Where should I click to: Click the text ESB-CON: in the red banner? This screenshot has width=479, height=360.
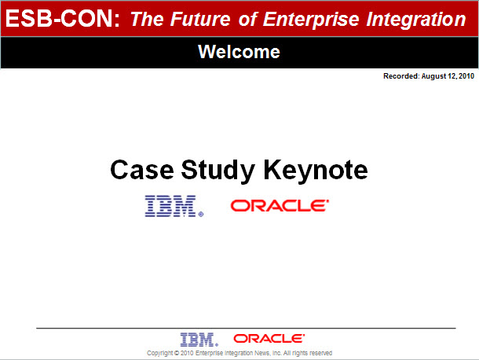(63, 18)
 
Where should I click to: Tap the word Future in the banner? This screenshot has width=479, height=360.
(200, 19)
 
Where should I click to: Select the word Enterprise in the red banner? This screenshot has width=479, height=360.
(311, 20)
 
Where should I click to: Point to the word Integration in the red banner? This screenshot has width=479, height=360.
(416, 20)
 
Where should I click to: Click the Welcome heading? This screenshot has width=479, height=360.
(239, 51)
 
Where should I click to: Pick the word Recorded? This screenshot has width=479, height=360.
(401, 76)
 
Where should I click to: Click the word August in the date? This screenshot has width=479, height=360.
(433, 76)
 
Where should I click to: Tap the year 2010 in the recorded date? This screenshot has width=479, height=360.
(466, 76)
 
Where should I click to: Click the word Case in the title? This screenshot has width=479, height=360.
(142, 170)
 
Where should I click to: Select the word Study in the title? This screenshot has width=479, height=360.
(218, 171)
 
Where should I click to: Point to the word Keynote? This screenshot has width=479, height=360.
(316, 171)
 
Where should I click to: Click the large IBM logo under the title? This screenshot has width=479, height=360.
(174, 206)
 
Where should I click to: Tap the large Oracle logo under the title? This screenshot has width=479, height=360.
(280, 205)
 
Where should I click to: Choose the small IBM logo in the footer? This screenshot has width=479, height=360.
(199, 340)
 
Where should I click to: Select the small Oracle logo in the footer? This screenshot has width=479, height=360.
(269, 338)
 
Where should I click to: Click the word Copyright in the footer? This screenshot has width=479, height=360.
(159, 353)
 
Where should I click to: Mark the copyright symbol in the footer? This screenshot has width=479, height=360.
(177, 353)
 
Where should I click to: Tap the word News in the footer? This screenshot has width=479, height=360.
(262, 353)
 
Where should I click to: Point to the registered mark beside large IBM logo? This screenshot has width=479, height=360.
(201, 215)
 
